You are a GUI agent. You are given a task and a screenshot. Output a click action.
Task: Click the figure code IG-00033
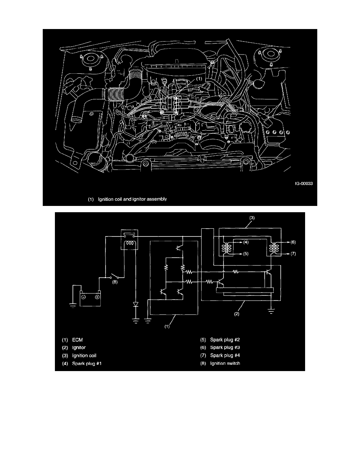click(304, 183)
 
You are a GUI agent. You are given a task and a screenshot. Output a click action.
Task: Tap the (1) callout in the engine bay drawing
click(199, 79)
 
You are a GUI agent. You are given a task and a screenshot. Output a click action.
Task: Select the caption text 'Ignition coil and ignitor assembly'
click(133, 199)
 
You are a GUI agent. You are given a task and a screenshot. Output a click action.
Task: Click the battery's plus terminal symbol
click(97, 297)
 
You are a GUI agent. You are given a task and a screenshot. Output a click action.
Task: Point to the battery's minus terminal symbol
click(84, 297)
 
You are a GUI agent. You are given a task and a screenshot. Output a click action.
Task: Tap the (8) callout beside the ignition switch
click(115, 282)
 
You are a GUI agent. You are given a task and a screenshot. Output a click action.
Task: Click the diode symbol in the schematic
click(136, 305)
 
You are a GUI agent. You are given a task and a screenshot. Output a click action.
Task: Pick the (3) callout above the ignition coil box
click(252, 218)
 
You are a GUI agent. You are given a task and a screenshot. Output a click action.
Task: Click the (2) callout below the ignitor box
click(237, 313)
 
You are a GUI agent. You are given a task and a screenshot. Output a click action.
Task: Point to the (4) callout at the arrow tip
click(245, 242)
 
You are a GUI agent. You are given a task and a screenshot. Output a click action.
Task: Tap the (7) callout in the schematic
click(293, 254)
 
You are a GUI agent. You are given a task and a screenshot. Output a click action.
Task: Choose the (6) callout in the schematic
click(293, 242)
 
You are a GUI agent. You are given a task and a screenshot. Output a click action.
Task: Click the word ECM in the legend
click(78, 340)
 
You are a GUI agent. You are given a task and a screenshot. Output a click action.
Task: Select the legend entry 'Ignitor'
click(79, 348)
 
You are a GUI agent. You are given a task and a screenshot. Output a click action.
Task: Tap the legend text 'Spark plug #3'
click(225, 348)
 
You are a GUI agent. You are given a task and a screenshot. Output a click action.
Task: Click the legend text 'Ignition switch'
click(225, 364)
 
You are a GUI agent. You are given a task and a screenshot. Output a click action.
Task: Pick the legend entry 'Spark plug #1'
click(87, 364)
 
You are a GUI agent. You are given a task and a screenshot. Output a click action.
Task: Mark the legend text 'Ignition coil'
click(84, 356)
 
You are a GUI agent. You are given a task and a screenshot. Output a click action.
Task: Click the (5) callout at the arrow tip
click(245, 254)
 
